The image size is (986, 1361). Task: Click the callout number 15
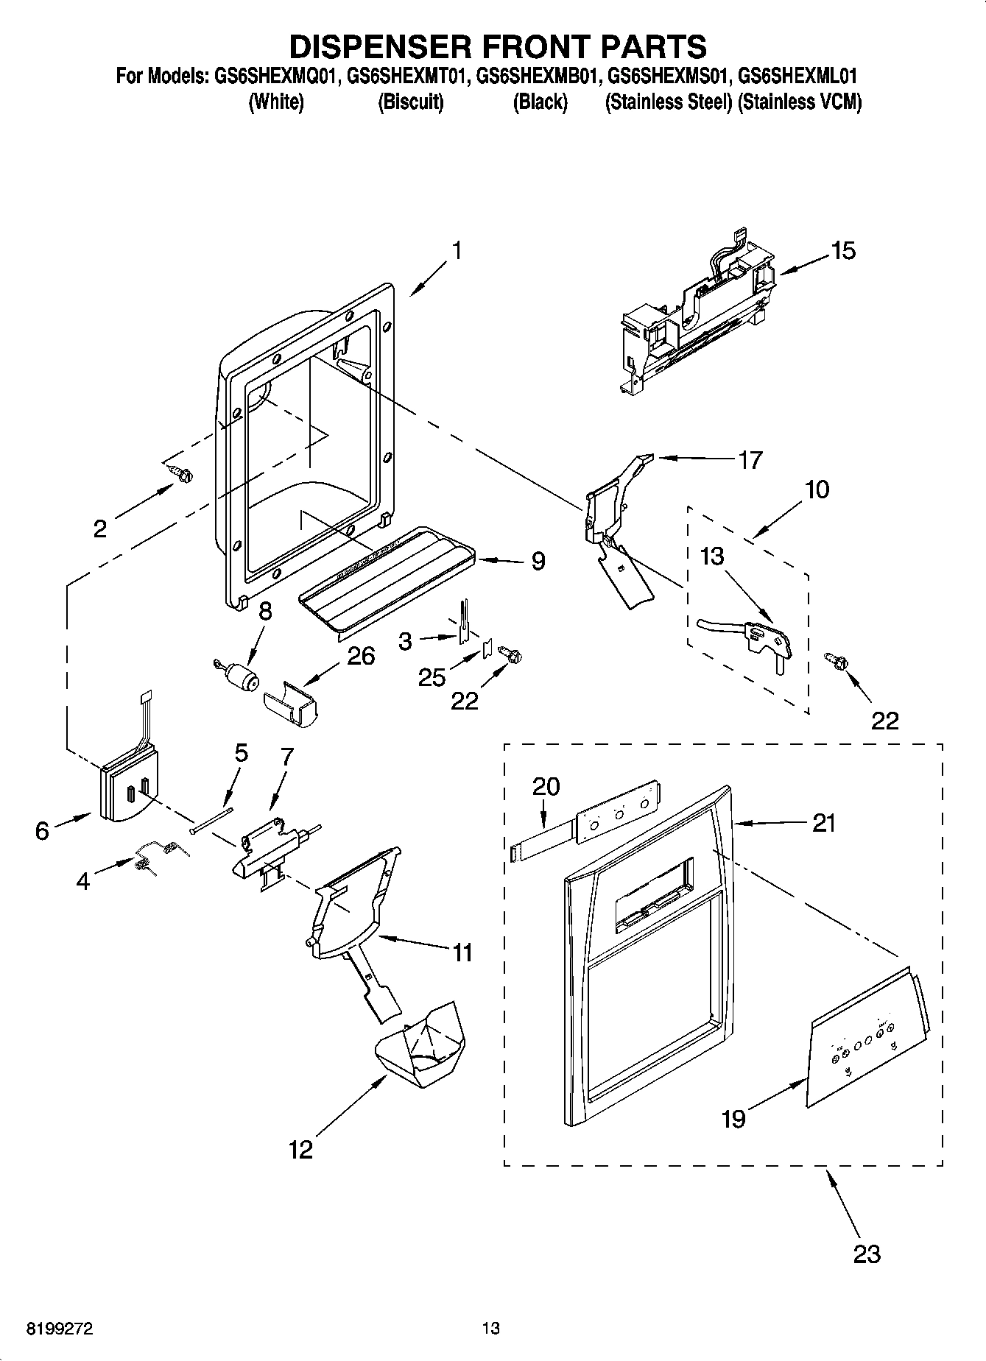[843, 251]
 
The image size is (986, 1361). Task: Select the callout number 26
[361, 655]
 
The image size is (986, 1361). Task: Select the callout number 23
[866, 1252]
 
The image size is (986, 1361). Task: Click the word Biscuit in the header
[410, 102]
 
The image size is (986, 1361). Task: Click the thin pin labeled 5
[211, 819]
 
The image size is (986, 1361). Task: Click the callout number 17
[750, 461]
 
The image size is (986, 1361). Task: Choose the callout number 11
[462, 952]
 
